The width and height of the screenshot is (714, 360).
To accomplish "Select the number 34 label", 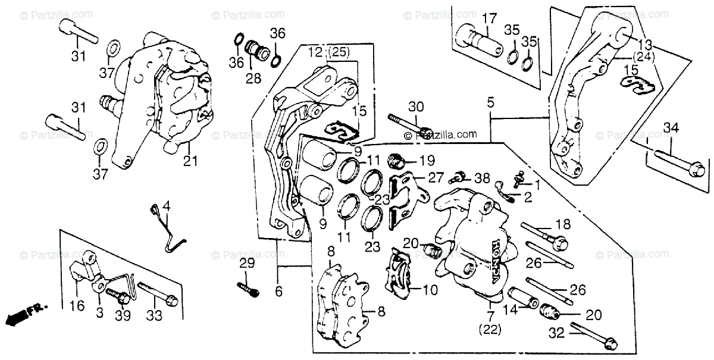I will click(x=671, y=127).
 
